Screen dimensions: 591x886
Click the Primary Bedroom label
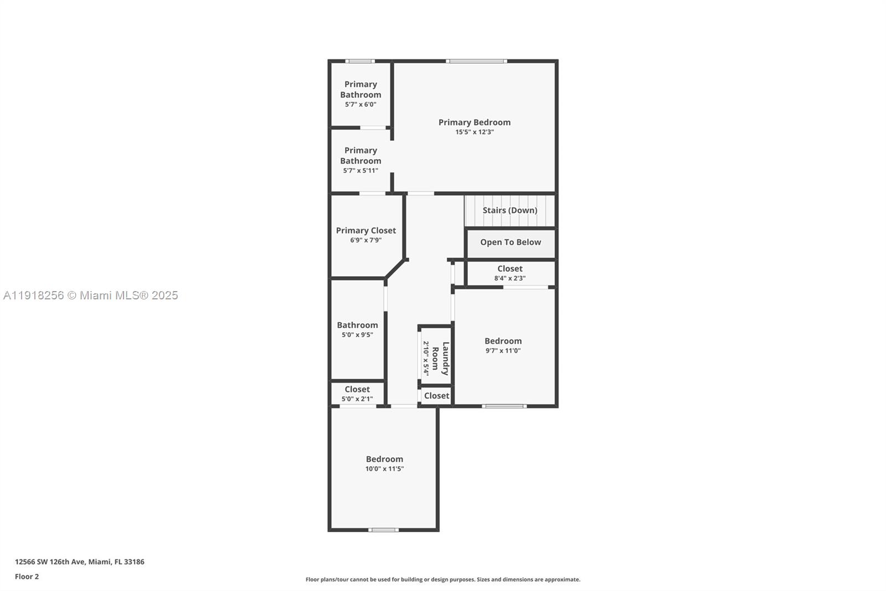(474, 123)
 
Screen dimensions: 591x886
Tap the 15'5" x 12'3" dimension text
(475, 132)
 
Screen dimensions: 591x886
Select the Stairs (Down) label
(509, 210)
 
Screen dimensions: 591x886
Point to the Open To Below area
(511, 242)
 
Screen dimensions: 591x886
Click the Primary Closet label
(365, 231)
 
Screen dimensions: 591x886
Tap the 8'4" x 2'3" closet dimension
(509, 278)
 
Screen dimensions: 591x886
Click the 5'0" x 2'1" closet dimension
(357, 399)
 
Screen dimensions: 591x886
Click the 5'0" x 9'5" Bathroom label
(357, 325)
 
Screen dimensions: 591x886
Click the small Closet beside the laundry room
(436, 396)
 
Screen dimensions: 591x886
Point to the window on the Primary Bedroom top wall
(476, 61)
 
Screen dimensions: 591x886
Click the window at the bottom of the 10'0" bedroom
(383, 530)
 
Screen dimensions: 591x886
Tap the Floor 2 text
(27, 577)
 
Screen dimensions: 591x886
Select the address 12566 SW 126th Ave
(79, 562)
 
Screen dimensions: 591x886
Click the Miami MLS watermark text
(91, 295)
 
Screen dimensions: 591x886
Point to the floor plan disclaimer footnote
(443, 579)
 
